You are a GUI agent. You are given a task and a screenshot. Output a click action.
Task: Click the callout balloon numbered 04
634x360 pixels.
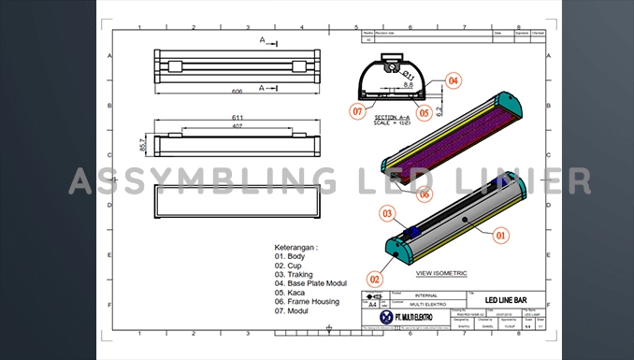pyautogui.click(x=454, y=81)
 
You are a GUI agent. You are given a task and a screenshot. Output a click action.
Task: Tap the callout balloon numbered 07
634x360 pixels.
pyautogui.click(x=356, y=111)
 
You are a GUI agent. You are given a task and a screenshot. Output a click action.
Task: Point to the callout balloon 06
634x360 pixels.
pyautogui.click(x=424, y=194)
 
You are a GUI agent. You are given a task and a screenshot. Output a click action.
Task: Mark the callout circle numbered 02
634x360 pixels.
pyautogui.click(x=375, y=278)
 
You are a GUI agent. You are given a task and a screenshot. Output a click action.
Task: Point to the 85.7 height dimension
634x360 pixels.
pyautogui.click(x=143, y=146)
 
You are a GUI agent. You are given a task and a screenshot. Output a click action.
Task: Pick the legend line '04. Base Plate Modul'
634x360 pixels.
pyautogui.click(x=317, y=282)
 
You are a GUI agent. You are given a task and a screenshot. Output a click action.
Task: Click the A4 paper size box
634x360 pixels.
pyautogui.click(x=373, y=305)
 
